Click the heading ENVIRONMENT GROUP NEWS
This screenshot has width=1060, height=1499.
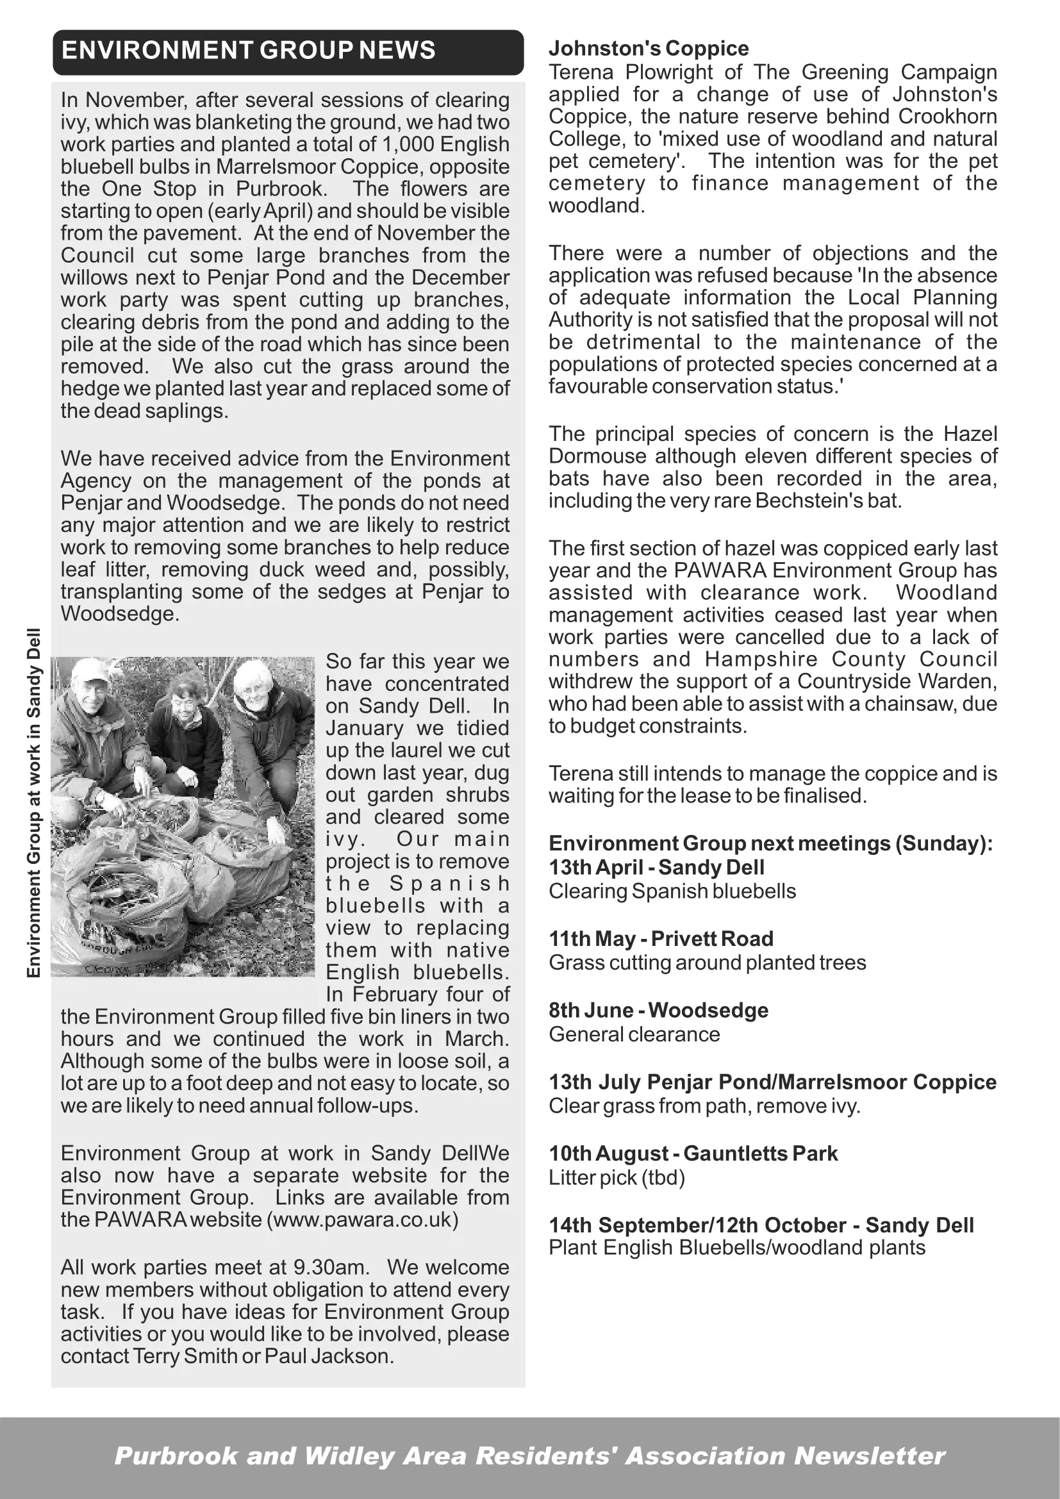(248, 51)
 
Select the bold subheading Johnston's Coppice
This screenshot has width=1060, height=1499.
(648, 48)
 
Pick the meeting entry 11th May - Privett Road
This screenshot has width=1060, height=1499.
(661, 939)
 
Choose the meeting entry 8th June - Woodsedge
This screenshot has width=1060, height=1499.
(658, 1010)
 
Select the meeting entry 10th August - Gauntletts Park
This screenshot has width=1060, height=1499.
(693, 1154)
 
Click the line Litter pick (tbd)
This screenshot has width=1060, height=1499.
(616, 1178)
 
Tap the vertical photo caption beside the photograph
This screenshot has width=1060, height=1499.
(34, 803)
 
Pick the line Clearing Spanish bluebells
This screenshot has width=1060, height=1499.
(672, 891)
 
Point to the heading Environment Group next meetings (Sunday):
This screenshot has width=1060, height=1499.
(770, 843)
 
